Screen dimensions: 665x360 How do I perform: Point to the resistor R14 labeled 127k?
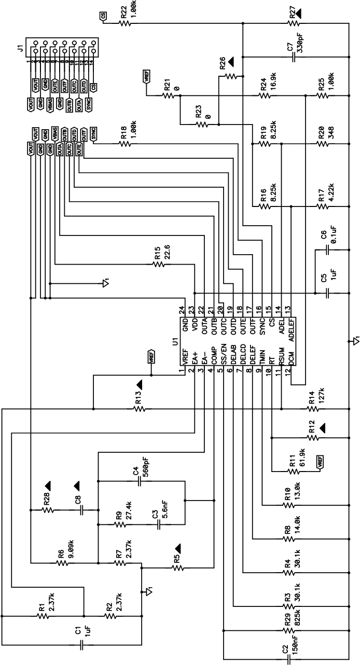pyautogui.click(x=313, y=409)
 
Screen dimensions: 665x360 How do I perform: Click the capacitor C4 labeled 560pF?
pyautogui.click(x=139, y=482)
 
